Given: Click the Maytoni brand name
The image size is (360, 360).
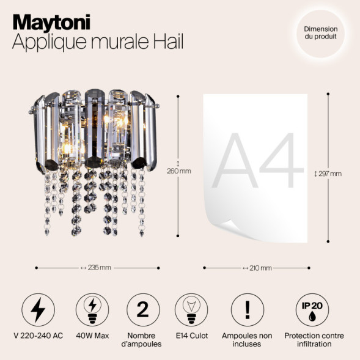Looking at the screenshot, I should [x=51, y=23].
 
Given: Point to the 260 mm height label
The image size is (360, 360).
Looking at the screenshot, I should [x=178, y=171].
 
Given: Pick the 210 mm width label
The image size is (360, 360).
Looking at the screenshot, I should [x=257, y=268].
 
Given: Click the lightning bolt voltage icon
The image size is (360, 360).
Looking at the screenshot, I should [x=38, y=309].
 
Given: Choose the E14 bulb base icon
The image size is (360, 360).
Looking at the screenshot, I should [x=192, y=309].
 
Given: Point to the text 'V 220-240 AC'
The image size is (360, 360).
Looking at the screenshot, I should [x=38, y=336].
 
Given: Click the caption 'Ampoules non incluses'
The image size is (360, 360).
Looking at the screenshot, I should [x=247, y=340].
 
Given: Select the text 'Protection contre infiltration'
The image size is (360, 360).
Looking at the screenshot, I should [x=314, y=340].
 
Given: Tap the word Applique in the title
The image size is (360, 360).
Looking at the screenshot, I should [x=43, y=42].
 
